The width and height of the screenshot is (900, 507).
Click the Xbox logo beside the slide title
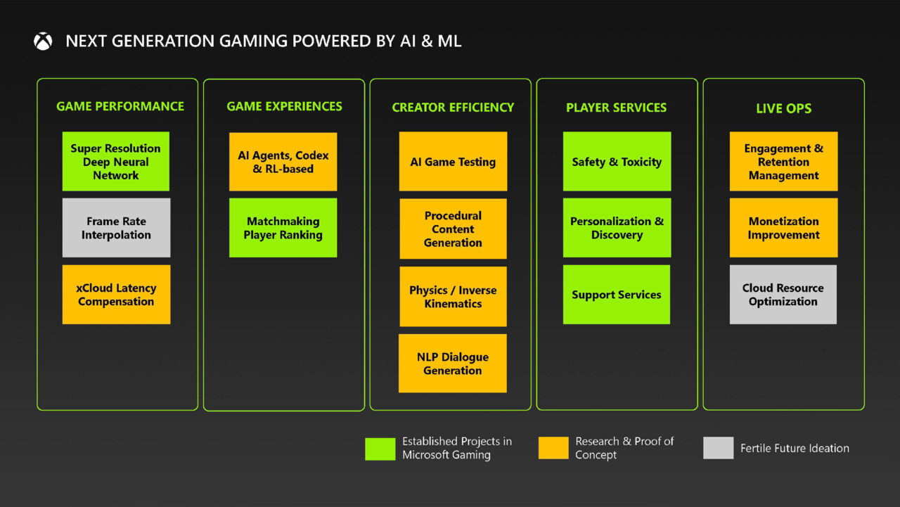[43, 41]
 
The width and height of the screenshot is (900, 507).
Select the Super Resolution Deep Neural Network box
[116, 162]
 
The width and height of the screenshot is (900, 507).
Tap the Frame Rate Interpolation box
[116, 228]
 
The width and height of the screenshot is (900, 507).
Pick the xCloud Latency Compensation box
[116, 295]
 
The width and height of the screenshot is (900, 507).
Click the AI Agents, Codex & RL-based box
[283, 162]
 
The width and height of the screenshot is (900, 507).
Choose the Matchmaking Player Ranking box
[283, 228]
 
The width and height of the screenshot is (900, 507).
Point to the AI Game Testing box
[453, 162]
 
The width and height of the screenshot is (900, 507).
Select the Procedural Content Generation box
[453, 229]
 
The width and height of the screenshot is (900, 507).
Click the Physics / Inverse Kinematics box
[453, 297]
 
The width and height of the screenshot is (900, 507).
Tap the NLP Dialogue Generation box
[452, 364]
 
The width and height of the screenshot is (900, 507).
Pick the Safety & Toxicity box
[617, 162]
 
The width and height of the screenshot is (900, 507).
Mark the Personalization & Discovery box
[617, 228]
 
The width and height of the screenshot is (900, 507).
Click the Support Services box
[617, 295]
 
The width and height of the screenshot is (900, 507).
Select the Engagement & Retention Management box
[783, 162]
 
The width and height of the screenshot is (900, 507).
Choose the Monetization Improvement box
[783, 228]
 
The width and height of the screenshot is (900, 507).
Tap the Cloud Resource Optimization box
[783, 295]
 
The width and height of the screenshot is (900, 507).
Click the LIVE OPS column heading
[783, 108]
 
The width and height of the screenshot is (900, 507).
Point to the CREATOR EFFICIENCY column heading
[453, 108]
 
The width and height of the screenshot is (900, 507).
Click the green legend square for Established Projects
[380, 449]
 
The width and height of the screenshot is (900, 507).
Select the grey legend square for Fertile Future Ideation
[718, 448]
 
